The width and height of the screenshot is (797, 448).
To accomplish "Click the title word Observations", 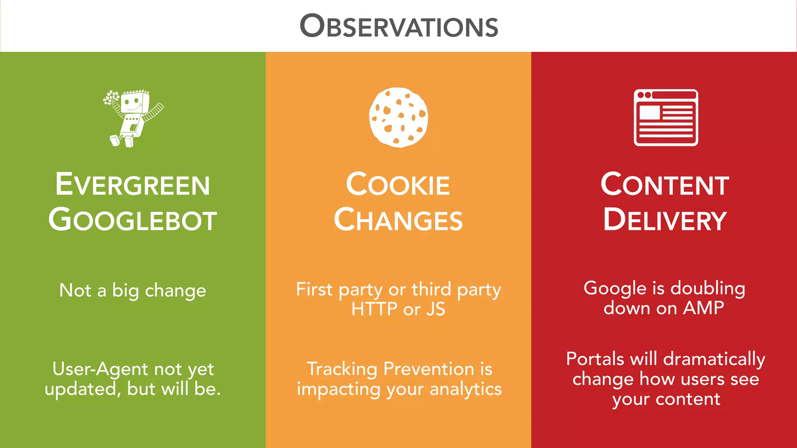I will point(399,26).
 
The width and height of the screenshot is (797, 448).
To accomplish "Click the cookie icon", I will point(398,117).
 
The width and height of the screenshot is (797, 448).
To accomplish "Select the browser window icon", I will point(665,117).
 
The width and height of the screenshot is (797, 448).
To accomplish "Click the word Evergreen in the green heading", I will point(132,185).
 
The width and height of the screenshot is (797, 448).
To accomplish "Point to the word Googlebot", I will point(132,220).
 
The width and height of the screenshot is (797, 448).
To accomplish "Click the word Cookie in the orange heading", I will point(398,185).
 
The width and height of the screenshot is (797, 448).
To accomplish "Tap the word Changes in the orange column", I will point(398,220).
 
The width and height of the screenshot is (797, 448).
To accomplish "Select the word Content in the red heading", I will point(665,185).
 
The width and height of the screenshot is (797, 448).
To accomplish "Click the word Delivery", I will point(665,220).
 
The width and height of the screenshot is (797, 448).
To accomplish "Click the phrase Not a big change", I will point(132,290).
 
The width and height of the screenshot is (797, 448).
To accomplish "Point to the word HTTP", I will point(374,310).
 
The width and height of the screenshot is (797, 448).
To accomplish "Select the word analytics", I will point(465,389).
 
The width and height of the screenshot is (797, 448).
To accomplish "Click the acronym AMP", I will point(704,308).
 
